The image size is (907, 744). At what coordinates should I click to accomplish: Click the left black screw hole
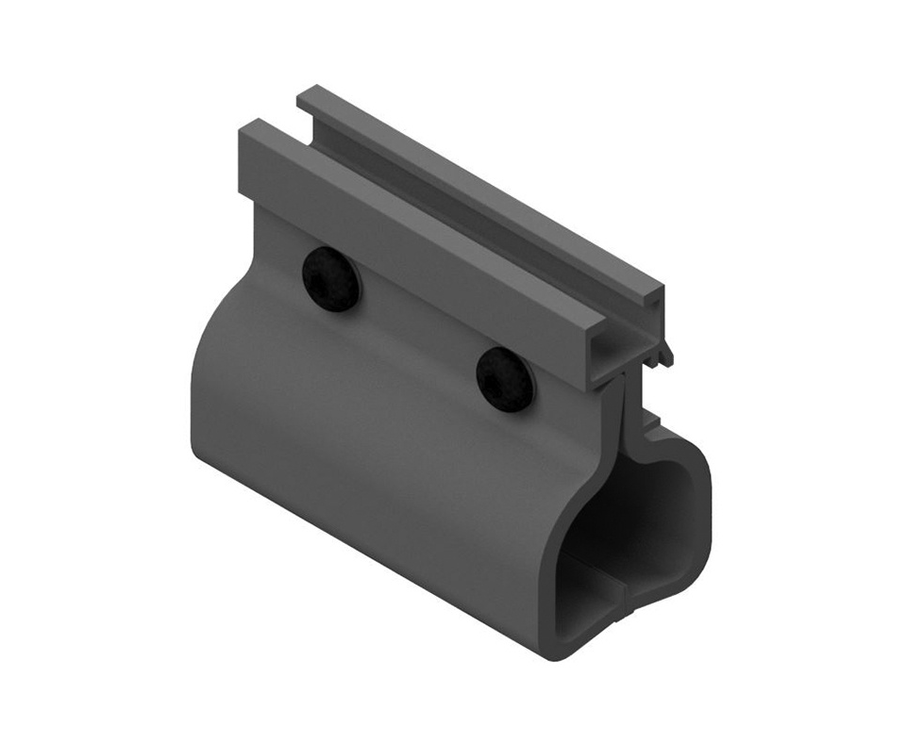click(331, 279)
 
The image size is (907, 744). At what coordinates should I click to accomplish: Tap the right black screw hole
click(505, 379)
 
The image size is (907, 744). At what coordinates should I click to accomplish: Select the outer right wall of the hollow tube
click(704, 528)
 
